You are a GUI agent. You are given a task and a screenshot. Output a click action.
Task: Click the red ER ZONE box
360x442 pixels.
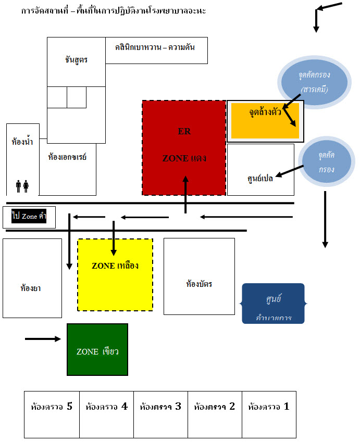(184, 148)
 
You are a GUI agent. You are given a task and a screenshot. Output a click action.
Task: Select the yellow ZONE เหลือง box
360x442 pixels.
(115, 275)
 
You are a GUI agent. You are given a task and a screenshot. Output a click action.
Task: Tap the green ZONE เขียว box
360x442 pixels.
(97, 349)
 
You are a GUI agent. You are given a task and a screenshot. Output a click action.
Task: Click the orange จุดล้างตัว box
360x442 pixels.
(265, 121)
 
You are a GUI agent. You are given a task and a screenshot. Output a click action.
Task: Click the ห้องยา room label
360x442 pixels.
(31, 287)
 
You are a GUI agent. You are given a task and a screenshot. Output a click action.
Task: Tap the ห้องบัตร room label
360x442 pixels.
(199, 284)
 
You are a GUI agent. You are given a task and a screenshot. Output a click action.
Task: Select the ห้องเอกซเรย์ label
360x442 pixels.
(67, 156)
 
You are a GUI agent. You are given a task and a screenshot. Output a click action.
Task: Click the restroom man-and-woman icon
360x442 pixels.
(22, 186)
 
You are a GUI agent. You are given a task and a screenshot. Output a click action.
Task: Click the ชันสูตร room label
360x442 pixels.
(77, 60)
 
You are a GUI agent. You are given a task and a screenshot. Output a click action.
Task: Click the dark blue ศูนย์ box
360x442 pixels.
(273, 304)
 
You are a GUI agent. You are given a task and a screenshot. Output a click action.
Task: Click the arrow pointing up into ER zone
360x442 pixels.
(185, 195)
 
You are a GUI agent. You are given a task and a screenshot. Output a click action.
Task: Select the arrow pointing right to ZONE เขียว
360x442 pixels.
(43, 339)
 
